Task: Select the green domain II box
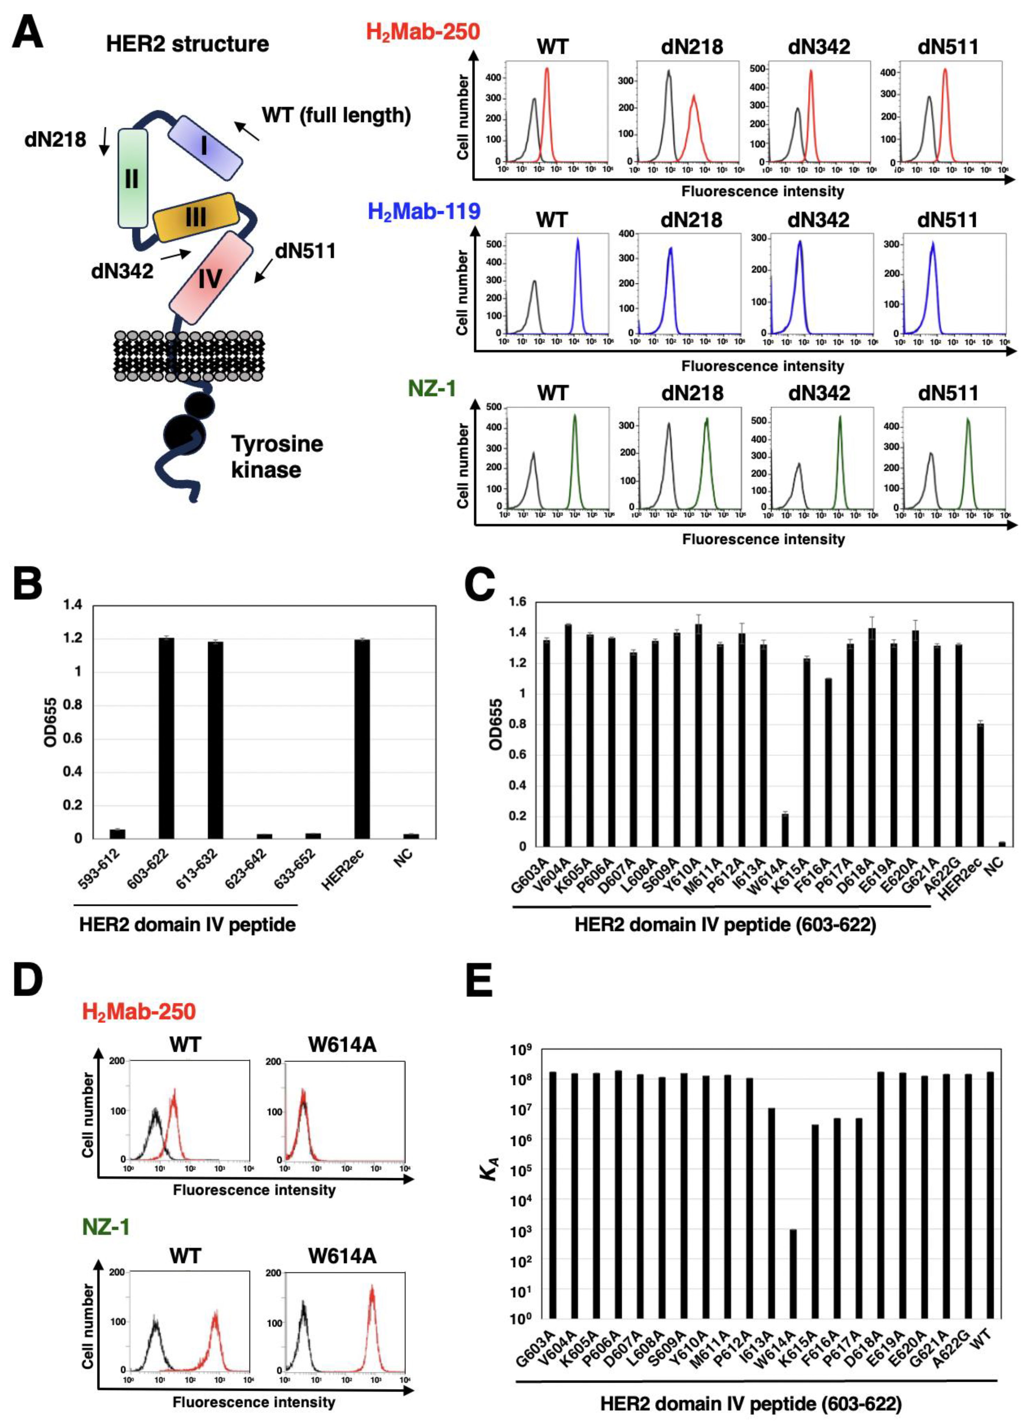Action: (x=132, y=178)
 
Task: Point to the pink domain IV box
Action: (x=212, y=277)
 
